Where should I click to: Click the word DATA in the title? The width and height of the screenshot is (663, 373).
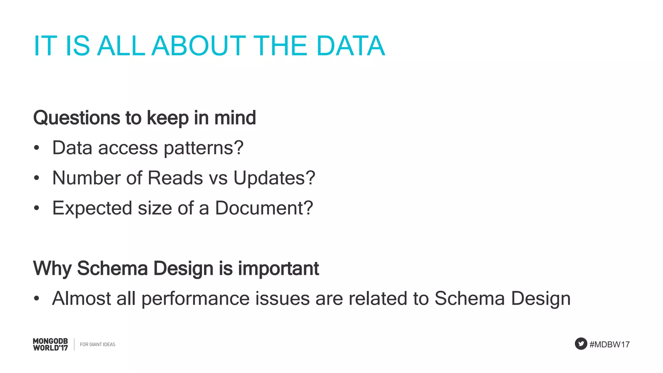[x=351, y=46]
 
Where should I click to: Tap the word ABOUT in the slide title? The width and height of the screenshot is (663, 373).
[x=198, y=46]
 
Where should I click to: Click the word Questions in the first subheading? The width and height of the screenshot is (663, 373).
[x=76, y=118]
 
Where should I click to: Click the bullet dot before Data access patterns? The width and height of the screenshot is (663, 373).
[x=37, y=148]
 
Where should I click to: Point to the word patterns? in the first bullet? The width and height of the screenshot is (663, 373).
[x=203, y=148]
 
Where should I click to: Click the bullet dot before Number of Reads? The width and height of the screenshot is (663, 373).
[x=37, y=178]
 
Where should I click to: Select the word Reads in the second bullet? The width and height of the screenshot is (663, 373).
[x=175, y=178]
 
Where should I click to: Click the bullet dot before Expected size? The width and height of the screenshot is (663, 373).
[x=37, y=208]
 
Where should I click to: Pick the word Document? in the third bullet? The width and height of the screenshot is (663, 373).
[x=264, y=208]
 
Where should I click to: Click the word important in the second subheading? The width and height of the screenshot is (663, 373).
[x=278, y=268]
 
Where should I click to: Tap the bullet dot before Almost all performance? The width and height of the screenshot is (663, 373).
[x=37, y=299]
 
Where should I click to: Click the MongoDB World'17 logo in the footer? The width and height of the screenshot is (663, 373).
[x=51, y=345]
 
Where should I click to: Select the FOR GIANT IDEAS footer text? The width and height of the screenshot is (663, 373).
[x=97, y=345]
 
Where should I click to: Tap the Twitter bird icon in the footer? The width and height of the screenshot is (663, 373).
[x=581, y=344]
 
